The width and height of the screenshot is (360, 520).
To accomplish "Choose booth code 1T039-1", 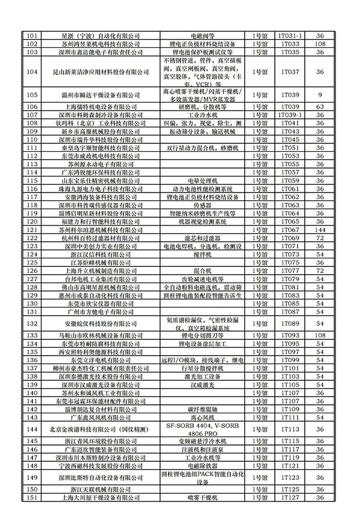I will click(x=289, y=114).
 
